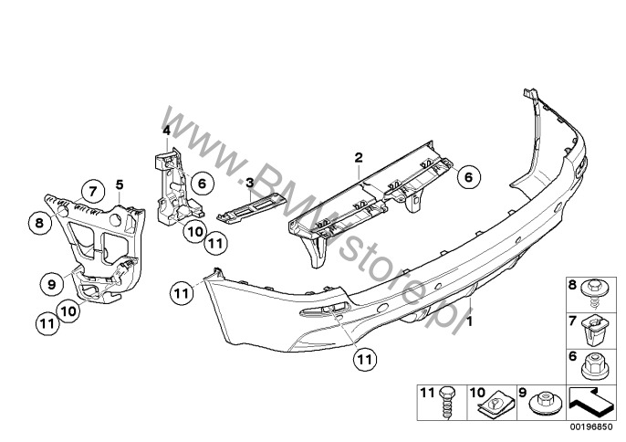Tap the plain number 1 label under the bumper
coord(469,321)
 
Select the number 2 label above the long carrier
coord(358,157)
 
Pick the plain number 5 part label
coord(120,184)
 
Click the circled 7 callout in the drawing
coord(93,192)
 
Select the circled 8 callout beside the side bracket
coord(39,222)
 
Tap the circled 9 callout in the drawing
coord(51,284)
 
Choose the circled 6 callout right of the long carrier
coord(468,176)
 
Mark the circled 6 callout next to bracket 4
coord(202,184)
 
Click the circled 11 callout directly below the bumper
coord(364,360)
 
